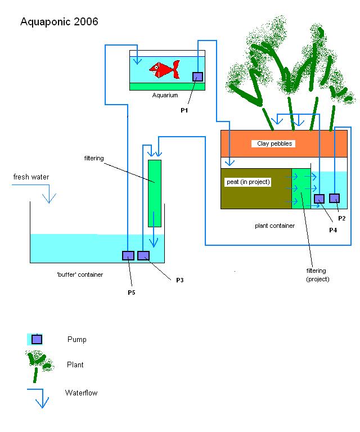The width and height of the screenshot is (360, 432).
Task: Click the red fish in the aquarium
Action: [x=164, y=69]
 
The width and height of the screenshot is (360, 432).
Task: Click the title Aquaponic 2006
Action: [x=59, y=22]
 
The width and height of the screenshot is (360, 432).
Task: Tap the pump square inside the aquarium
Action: [x=197, y=76]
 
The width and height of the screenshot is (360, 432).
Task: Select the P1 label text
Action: [x=184, y=111]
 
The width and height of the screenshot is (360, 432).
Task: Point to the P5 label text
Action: [x=131, y=292]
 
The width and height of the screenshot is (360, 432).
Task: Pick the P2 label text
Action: [x=341, y=218]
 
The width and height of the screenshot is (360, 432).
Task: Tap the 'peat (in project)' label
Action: [x=247, y=183]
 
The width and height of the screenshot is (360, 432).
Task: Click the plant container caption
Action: [x=274, y=226]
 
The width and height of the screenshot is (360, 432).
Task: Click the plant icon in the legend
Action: [x=38, y=363]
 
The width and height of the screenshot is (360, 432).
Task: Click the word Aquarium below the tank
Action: [x=165, y=96]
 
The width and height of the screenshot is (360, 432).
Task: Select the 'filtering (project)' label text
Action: [x=317, y=275]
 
